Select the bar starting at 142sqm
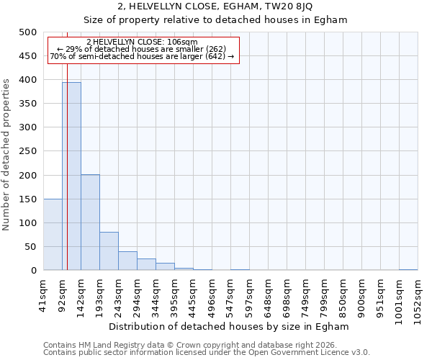click(90, 222)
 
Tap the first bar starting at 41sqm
click(53, 235)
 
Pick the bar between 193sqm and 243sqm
click(109, 251)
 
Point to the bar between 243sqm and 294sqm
click(127, 261)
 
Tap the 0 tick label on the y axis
click(33, 271)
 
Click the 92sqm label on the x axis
click(63, 294)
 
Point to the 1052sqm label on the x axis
click(418, 297)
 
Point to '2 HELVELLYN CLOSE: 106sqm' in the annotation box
click(141, 42)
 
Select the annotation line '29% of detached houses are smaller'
click(141, 49)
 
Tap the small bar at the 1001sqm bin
click(408, 269)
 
